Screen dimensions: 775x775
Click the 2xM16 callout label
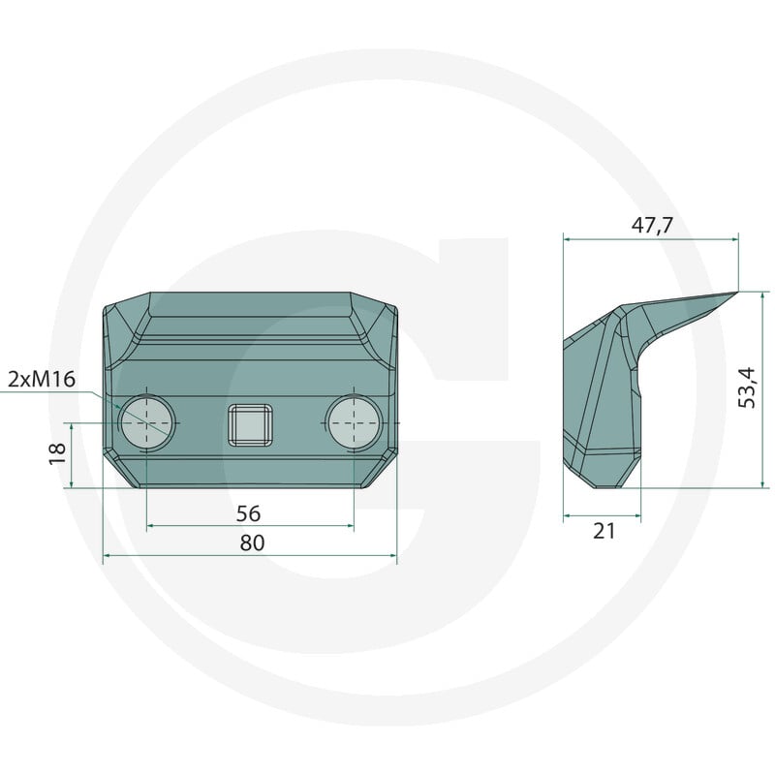point(42,380)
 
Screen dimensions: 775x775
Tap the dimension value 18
point(58,453)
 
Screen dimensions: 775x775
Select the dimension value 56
point(248,513)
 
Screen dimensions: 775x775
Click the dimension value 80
point(252,542)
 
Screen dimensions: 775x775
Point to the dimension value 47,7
point(652,226)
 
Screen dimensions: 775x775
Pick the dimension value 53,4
point(747,388)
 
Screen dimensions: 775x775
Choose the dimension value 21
point(604,531)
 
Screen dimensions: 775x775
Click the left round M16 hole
point(148,422)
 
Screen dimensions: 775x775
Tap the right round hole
point(355,422)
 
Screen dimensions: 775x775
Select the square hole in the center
point(250,425)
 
